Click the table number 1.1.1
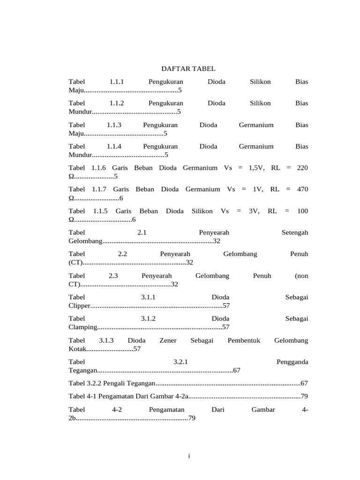click(x=116, y=82)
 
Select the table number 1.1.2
click(x=116, y=103)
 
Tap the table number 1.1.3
click(x=114, y=125)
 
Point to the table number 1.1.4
click(x=114, y=146)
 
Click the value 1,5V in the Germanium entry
click(x=257, y=168)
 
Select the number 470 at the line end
click(x=303, y=189)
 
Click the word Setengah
click(x=295, y=232)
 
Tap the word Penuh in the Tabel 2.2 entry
click(x=299, y=254)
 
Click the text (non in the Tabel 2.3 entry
click(x=301, y=276)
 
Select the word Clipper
click(x=78, y=306)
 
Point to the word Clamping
click(x=82, y=327)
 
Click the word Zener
click(x=168, y=340)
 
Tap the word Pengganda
click(x=292, y=362)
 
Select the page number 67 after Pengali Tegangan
click(x=304, y=383)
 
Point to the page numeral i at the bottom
click(x=188, y=456)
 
